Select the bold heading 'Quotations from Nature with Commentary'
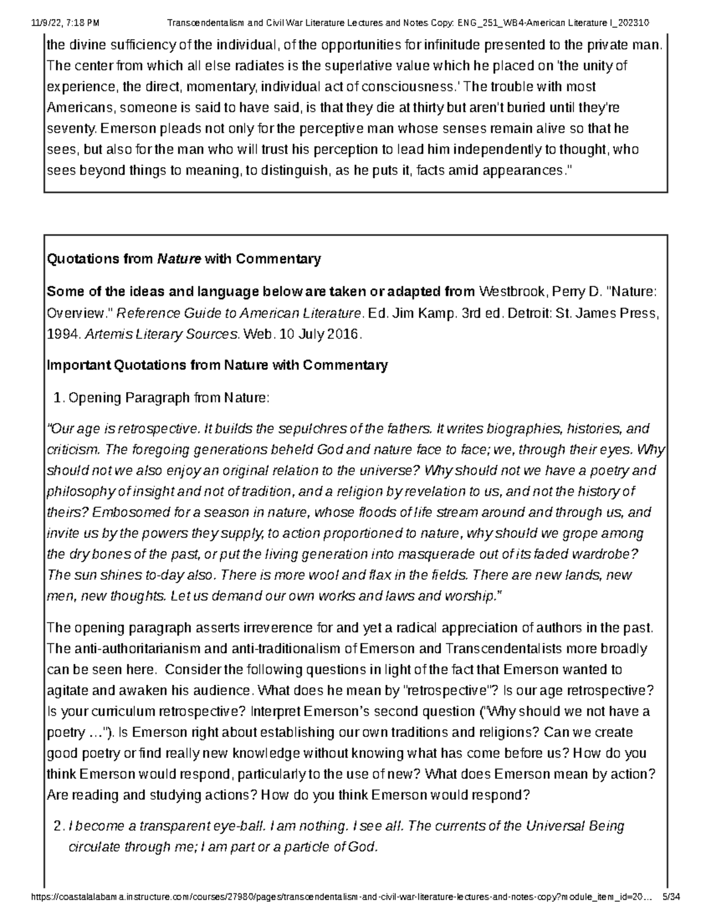(184, 259)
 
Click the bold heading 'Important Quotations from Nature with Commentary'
(217, 365)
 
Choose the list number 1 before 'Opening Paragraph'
(57, 398)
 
